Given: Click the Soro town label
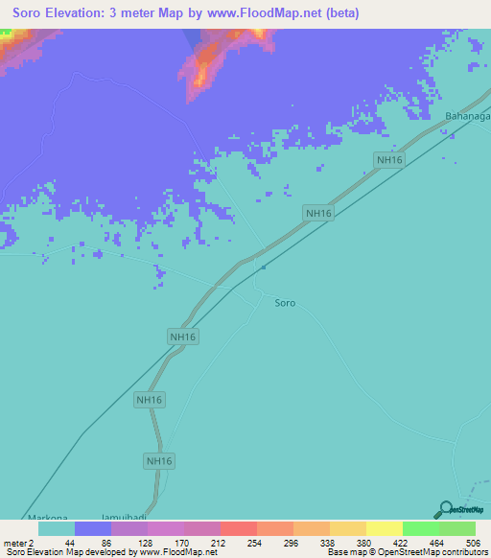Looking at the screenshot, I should [x=285, y=303].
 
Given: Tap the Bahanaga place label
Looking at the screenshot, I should [x=467, y=117].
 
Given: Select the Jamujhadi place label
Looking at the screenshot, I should [x=128, y=516].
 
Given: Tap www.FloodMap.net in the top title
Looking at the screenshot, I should [x=257, y=13].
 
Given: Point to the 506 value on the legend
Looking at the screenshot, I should [x=473, y=542].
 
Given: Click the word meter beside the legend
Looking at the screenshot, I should [x=13, y=542].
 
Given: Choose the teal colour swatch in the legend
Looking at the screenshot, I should [x=57, y=528].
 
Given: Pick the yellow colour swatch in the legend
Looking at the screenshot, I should [x=384, y=528].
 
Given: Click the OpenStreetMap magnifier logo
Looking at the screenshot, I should [x=446, y=510].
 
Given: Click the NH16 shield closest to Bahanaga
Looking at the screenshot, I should [x=389, y=161].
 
